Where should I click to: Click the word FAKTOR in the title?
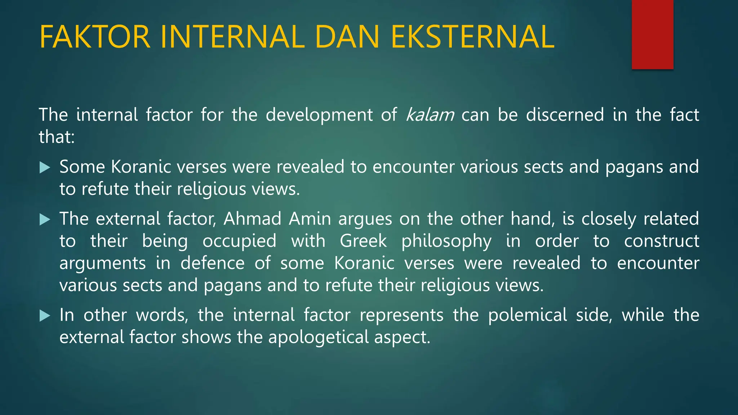[94, 37]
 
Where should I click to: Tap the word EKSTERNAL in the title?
[472, 37]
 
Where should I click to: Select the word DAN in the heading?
[347, 37]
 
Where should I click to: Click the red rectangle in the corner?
[652, 34]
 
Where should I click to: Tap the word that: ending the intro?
[57, 137]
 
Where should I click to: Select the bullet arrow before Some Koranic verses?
[44, 168]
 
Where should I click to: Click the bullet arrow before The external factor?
[44, 219]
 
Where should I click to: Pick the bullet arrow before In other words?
[44, 316]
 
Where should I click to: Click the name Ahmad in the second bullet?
[252, 219]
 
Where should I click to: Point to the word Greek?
[363, 241]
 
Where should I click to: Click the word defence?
[213, 263]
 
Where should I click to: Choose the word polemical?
[527, 315]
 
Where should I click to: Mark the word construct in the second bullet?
[662, 241]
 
